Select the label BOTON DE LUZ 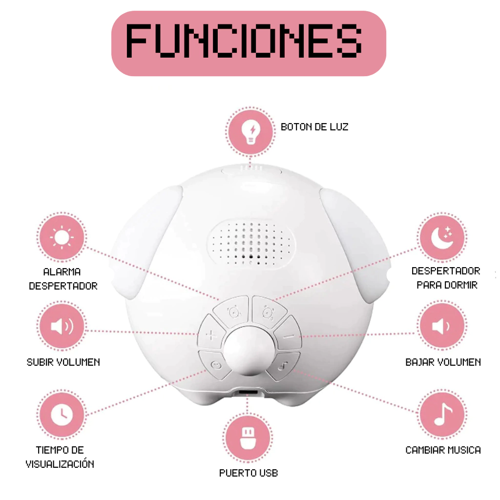pyautogui.click(x=314, y=127)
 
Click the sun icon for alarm pyautogui.click(x=62, y=238)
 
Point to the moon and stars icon pyautogui.click(x=442, y=238)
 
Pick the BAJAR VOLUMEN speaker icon pyautogui.click(x=442, y=326)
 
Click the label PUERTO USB pyautogui.click(x=249, y=473)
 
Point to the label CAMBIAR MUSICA pyautogui.click(x=443, y=450)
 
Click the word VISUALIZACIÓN pyautogui.click(x=60, y=464)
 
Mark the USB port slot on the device pyautogui.click(x=248, y=392)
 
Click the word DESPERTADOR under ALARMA pyautogui.click(x=63, y=286)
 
